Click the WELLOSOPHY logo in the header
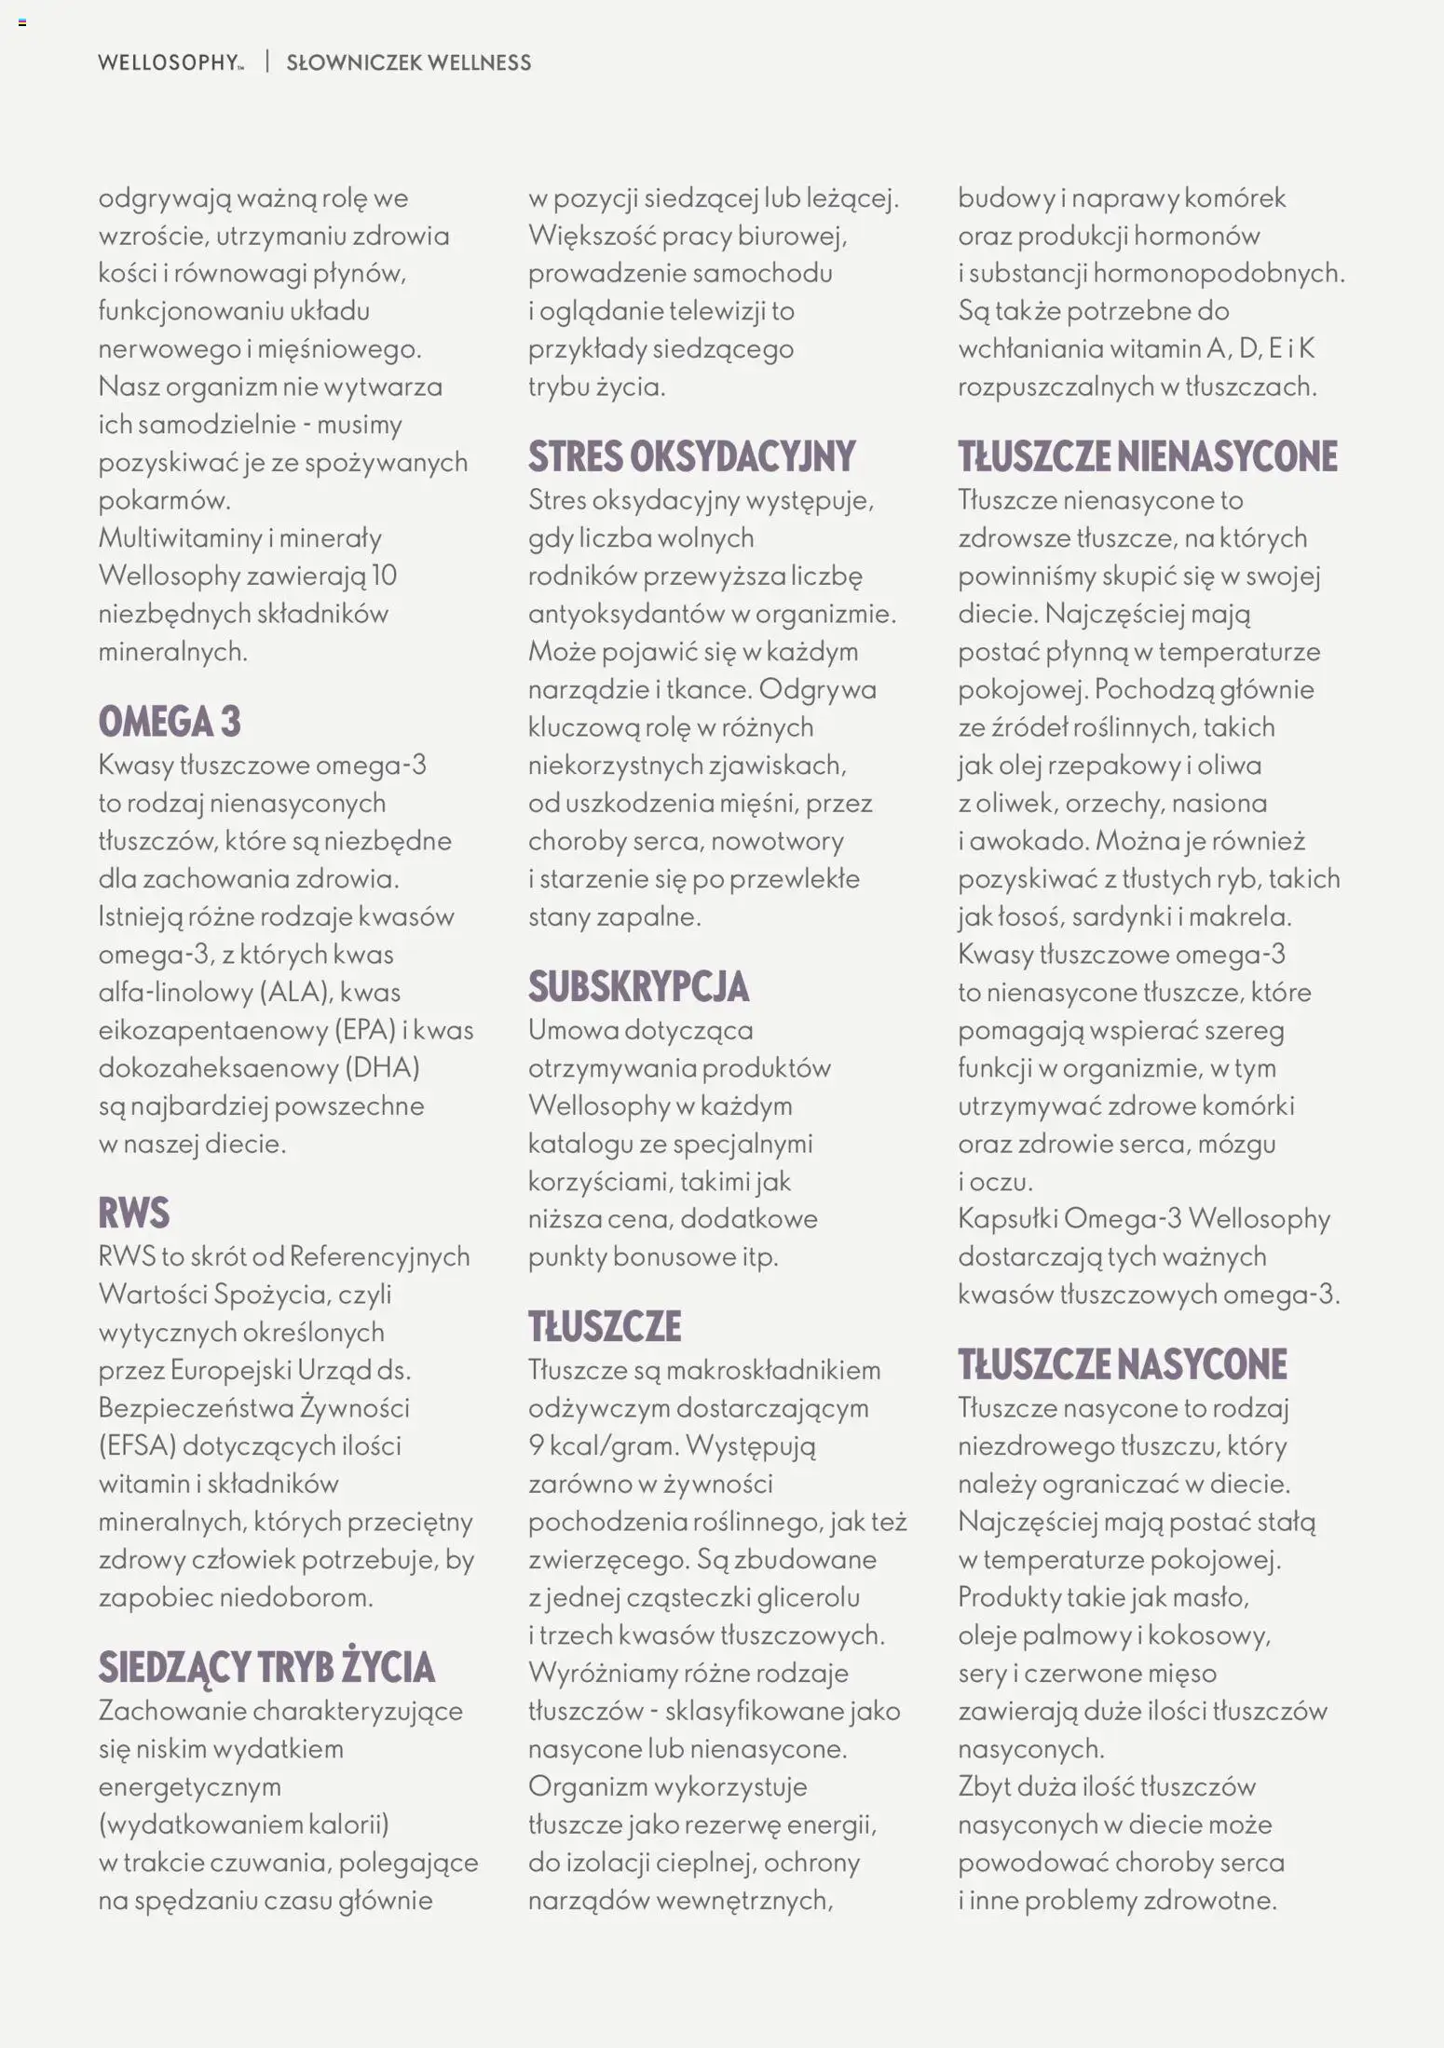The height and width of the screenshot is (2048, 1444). pos(170,63)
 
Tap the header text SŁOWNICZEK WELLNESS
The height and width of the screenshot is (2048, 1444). pos(408,63)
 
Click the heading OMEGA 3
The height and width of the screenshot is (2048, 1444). pos(170,722)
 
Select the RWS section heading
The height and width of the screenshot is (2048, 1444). pos(134,1214)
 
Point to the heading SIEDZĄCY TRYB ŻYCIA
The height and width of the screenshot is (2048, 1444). pos(266,1668)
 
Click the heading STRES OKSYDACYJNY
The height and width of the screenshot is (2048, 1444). pos(691,456)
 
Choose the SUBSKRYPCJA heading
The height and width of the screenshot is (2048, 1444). pos(638,987)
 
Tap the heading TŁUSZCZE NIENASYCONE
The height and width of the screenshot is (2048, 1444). pos(1147,456)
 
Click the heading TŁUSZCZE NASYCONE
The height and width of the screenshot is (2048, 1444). pos(1122,1364)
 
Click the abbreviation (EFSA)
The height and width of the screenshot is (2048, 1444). pos(137,1446)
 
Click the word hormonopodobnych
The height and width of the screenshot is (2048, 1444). pos(1219,274)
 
